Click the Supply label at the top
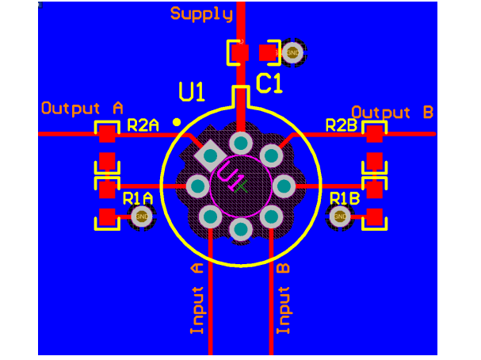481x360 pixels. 201,13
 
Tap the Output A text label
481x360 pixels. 82,107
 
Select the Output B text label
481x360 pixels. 392,112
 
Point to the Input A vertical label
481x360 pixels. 197,298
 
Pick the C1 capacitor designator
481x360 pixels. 269,82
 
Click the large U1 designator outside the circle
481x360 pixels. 192,93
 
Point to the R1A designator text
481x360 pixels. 137,197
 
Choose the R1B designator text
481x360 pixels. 345,197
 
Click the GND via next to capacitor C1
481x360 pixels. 292,52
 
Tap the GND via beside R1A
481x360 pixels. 142,216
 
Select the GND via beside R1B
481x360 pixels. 340,216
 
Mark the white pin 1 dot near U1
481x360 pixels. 177,122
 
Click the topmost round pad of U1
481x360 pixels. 241,144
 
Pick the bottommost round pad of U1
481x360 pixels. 241,229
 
